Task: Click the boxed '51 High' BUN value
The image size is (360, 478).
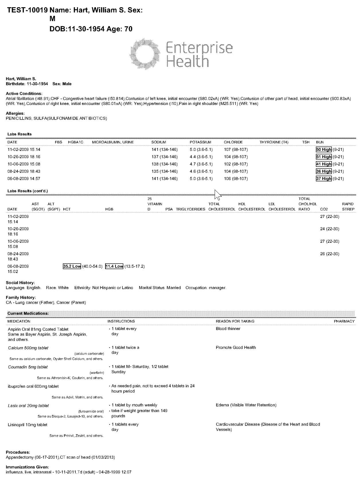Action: pos(324,157)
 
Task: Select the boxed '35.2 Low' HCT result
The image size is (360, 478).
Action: pos(72,266)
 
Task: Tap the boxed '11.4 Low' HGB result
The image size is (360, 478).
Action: pos(114,266)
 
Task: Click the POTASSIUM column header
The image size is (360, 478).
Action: pos(200,142)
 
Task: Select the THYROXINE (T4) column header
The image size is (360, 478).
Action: pos(274,142)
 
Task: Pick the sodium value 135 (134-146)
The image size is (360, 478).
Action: pos(165,171)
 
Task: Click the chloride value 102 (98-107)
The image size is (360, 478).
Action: pos(236,164)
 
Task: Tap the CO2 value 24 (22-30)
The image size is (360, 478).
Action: pos(330,229)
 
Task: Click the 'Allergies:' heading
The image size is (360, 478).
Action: pos(15,114)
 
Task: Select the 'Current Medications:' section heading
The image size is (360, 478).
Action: pos(28,313)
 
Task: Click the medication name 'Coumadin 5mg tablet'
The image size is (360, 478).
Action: pos(28,367)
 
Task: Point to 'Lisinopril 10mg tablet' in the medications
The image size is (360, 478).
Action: pos(28,425)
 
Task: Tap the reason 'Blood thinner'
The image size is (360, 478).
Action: pos(228,329)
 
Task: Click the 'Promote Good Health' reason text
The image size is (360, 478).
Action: pos(236,348)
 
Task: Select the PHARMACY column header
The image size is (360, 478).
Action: pos(344,321)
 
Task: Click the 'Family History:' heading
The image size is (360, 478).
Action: pos(21,298)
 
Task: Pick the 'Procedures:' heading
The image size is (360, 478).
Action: pos(18,452)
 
